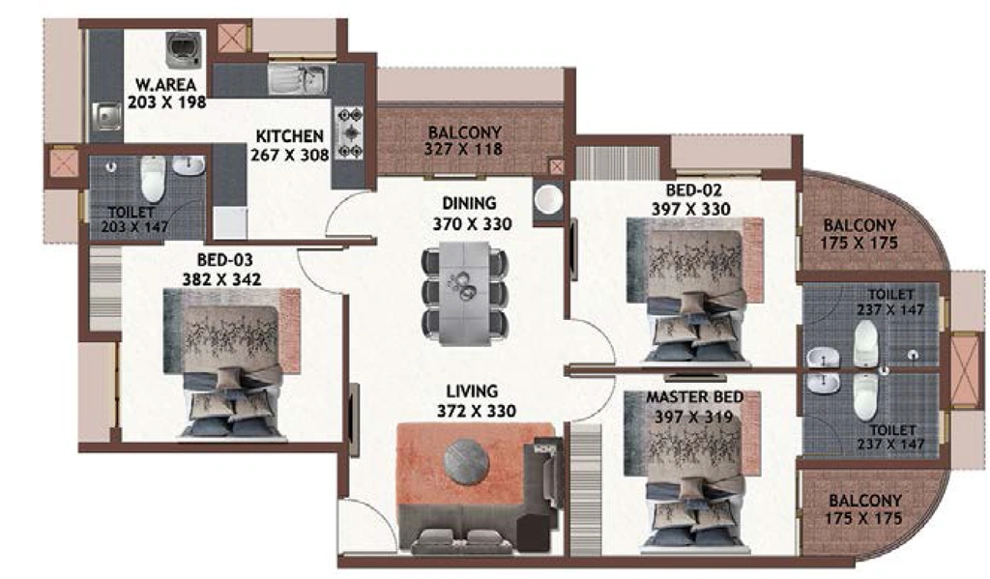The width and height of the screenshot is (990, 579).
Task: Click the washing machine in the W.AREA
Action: click(x=184, y=49)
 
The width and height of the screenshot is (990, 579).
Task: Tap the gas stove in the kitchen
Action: click(x=349, y=133)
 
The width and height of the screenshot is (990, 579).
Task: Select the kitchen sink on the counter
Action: click(x=298, y=79)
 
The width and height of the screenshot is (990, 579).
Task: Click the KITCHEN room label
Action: click(x=290, y=135)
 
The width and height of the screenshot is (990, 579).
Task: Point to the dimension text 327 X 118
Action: click(x=463, y=150)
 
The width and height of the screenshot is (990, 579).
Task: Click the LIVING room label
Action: click(x=472, y=391)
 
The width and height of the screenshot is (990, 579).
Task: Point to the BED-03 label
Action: click(x=224, y=259)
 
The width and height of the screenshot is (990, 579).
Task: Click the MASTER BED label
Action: click(x=694, y=397)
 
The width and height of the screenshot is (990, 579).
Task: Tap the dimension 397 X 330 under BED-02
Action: click(x=690, y=209)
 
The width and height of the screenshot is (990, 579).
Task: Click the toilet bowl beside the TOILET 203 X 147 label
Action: click(x=153, y=179)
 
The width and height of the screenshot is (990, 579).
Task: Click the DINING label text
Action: click(x=469, y=203)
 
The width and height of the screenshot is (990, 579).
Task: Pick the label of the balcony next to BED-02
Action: click(x=859, y=225)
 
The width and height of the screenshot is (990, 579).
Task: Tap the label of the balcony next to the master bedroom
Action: click(x=864, y=501)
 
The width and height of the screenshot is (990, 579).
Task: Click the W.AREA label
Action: click(x=166, y=85)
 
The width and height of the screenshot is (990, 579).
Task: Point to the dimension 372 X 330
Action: click(x=477, y=411)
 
